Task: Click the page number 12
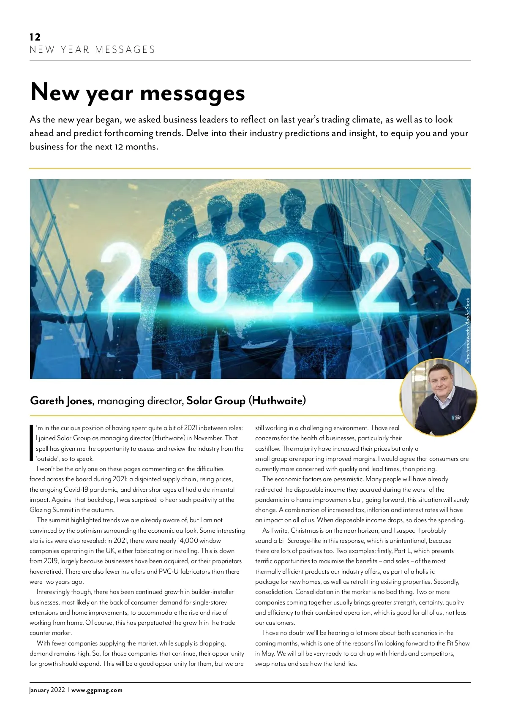pyautogui.click(x=35, y=37)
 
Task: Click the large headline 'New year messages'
pyautogui.click(x=138, y=92)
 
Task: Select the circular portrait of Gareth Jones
pyautogui.click(x=439, y=398)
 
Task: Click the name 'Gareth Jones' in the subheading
pyautogui.click(x=61, y=400)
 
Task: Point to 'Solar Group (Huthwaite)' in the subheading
pyautogui.click(x=246, y=400)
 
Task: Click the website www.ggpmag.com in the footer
pyautogui.click(x=97, y=690)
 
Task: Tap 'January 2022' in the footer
pyautogui.click(x=47, y=690)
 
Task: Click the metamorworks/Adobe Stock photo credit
pyautogui.click(x=467, y=331)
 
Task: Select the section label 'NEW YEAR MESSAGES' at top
pyautogui.click(x=93, y=50)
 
